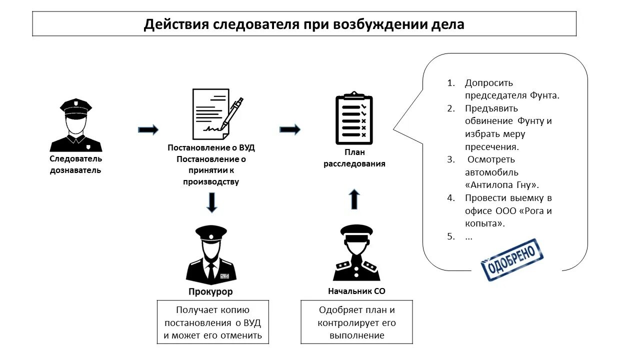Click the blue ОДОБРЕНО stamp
coord(511,259)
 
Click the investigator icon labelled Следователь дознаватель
coord(76,125)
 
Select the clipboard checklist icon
coord(354,118)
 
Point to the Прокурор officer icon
coord(211,255)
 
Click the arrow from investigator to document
coord(148,130)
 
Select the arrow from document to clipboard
coord(289,130)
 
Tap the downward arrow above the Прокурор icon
coord(212,202)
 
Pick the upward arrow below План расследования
coord(354,198)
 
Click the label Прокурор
coord(210,291)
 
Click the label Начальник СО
coord(356,291)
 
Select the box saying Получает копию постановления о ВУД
coord(213,322)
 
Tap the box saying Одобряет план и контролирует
coord(357,322)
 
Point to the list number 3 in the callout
coord(451,159)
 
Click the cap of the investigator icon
coord(76,107)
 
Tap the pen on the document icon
coord(232,112)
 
